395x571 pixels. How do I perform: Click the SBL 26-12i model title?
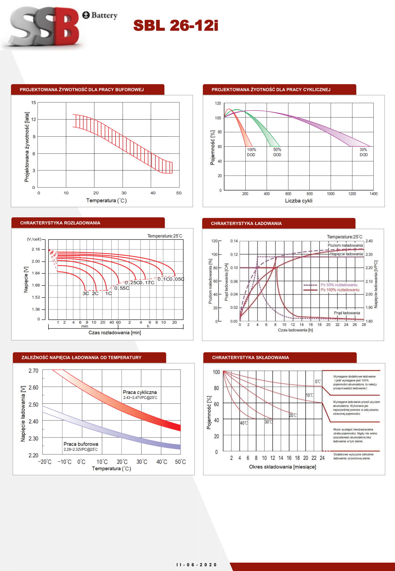(x=175, y=25)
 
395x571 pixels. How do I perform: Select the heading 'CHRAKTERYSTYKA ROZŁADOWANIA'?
(x=60, y=223)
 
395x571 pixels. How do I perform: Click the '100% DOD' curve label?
(x=251, y=152)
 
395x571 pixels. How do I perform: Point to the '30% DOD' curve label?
(x=364, y=152)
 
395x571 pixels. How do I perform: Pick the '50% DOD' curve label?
(x=277, y=152)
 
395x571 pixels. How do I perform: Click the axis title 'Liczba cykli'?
(x=299, y=201)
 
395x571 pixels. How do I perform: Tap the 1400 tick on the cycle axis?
(x=373, y=194)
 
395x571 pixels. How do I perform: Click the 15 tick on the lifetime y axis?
(x=34, y=103)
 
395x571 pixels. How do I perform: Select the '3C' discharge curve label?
(x=86, y=294)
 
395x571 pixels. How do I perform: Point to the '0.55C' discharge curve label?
(x=122, y=288)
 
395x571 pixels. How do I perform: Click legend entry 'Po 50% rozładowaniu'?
(x=339, y=285)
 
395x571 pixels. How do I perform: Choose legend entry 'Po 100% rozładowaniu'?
(x=340, y=290)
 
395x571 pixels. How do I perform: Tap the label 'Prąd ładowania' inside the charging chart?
(x=347, y=313)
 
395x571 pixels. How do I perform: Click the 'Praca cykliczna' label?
(x=140, y=392)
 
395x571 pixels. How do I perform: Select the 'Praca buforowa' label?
(x=81, y=444)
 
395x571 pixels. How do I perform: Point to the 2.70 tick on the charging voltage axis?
(x=33, y=371)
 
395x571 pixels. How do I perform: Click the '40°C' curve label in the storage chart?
(x=244, y=423)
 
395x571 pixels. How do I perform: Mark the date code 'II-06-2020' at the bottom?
(x=196, y=565)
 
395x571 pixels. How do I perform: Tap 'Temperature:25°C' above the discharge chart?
(x=165, y=236)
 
